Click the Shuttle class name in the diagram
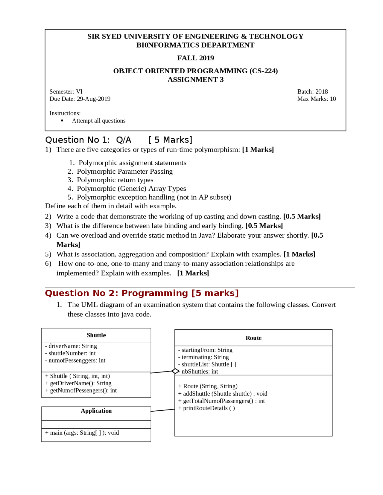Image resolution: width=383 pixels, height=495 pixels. pyautogui.click(x=96, y=335)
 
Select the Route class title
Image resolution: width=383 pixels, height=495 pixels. pyautogui.click(x=253, y=338)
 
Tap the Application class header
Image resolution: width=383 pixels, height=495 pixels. pyautogui.click(x=96, y=411)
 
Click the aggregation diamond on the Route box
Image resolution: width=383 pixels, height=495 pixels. pyautogui.click(x=176, y=371)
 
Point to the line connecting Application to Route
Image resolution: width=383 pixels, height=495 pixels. pyautogui.click(x=162, y=410)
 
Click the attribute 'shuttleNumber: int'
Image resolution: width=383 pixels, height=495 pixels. pyautogui.click(x=72, y=353)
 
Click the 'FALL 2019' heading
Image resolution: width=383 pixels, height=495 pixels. pyautogui.click(x=195, y=58)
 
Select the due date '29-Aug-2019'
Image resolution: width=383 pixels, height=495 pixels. pyautogui.click(x=93, y=99)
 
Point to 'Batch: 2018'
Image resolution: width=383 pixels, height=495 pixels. pyautogui.click(x=312, y=91)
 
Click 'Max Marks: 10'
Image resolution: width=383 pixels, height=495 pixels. pyautogui.click(x=316, y=99)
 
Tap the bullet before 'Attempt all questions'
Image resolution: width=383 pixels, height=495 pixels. pyautogui.click(x=62, y=120)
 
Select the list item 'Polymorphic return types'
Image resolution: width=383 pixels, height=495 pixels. pyautogui.click(x=115, y=180)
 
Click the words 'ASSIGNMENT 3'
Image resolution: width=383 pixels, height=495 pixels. pyautogui.click(x=195, y=80)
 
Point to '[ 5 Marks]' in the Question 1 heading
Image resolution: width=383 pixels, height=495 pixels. pyautogui.click(x=170, y=140)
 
